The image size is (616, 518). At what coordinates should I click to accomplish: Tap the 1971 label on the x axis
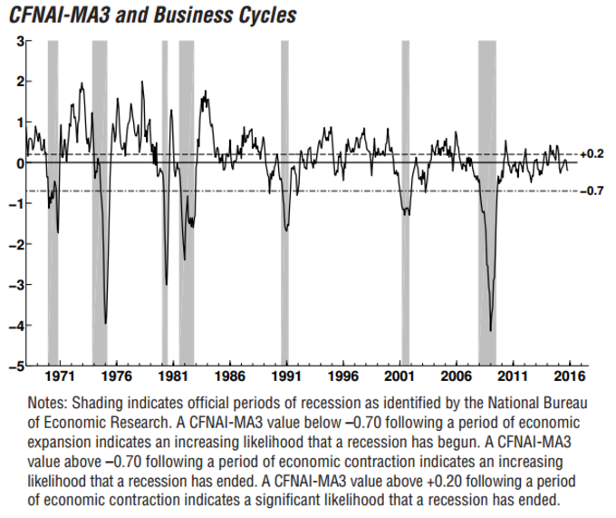pos(60,376)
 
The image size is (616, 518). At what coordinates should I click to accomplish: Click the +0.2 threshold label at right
pos(592,154)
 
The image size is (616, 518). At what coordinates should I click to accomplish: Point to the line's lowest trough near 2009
pos(491,331)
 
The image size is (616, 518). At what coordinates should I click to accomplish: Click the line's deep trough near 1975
pos(106,323)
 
